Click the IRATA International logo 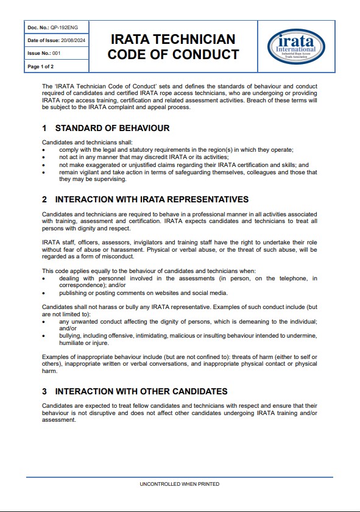click(x=296, y=46)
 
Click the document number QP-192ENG click(x=63, y=27)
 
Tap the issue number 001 click(x=57, y=53)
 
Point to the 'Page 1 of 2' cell click(x=41, y=66)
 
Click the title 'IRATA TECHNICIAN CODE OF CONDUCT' click(x=173, y=47)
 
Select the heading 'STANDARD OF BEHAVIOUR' click(x=112, y=129)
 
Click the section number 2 click(x=44, y=199)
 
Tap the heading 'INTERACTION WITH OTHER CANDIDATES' click(x=141, y=391)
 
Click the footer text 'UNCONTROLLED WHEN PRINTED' click(x=180, y=484)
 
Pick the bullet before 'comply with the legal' click(x=44, y=150)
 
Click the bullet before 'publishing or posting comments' click(x=44, y=293)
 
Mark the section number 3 click(x=44, y=391)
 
